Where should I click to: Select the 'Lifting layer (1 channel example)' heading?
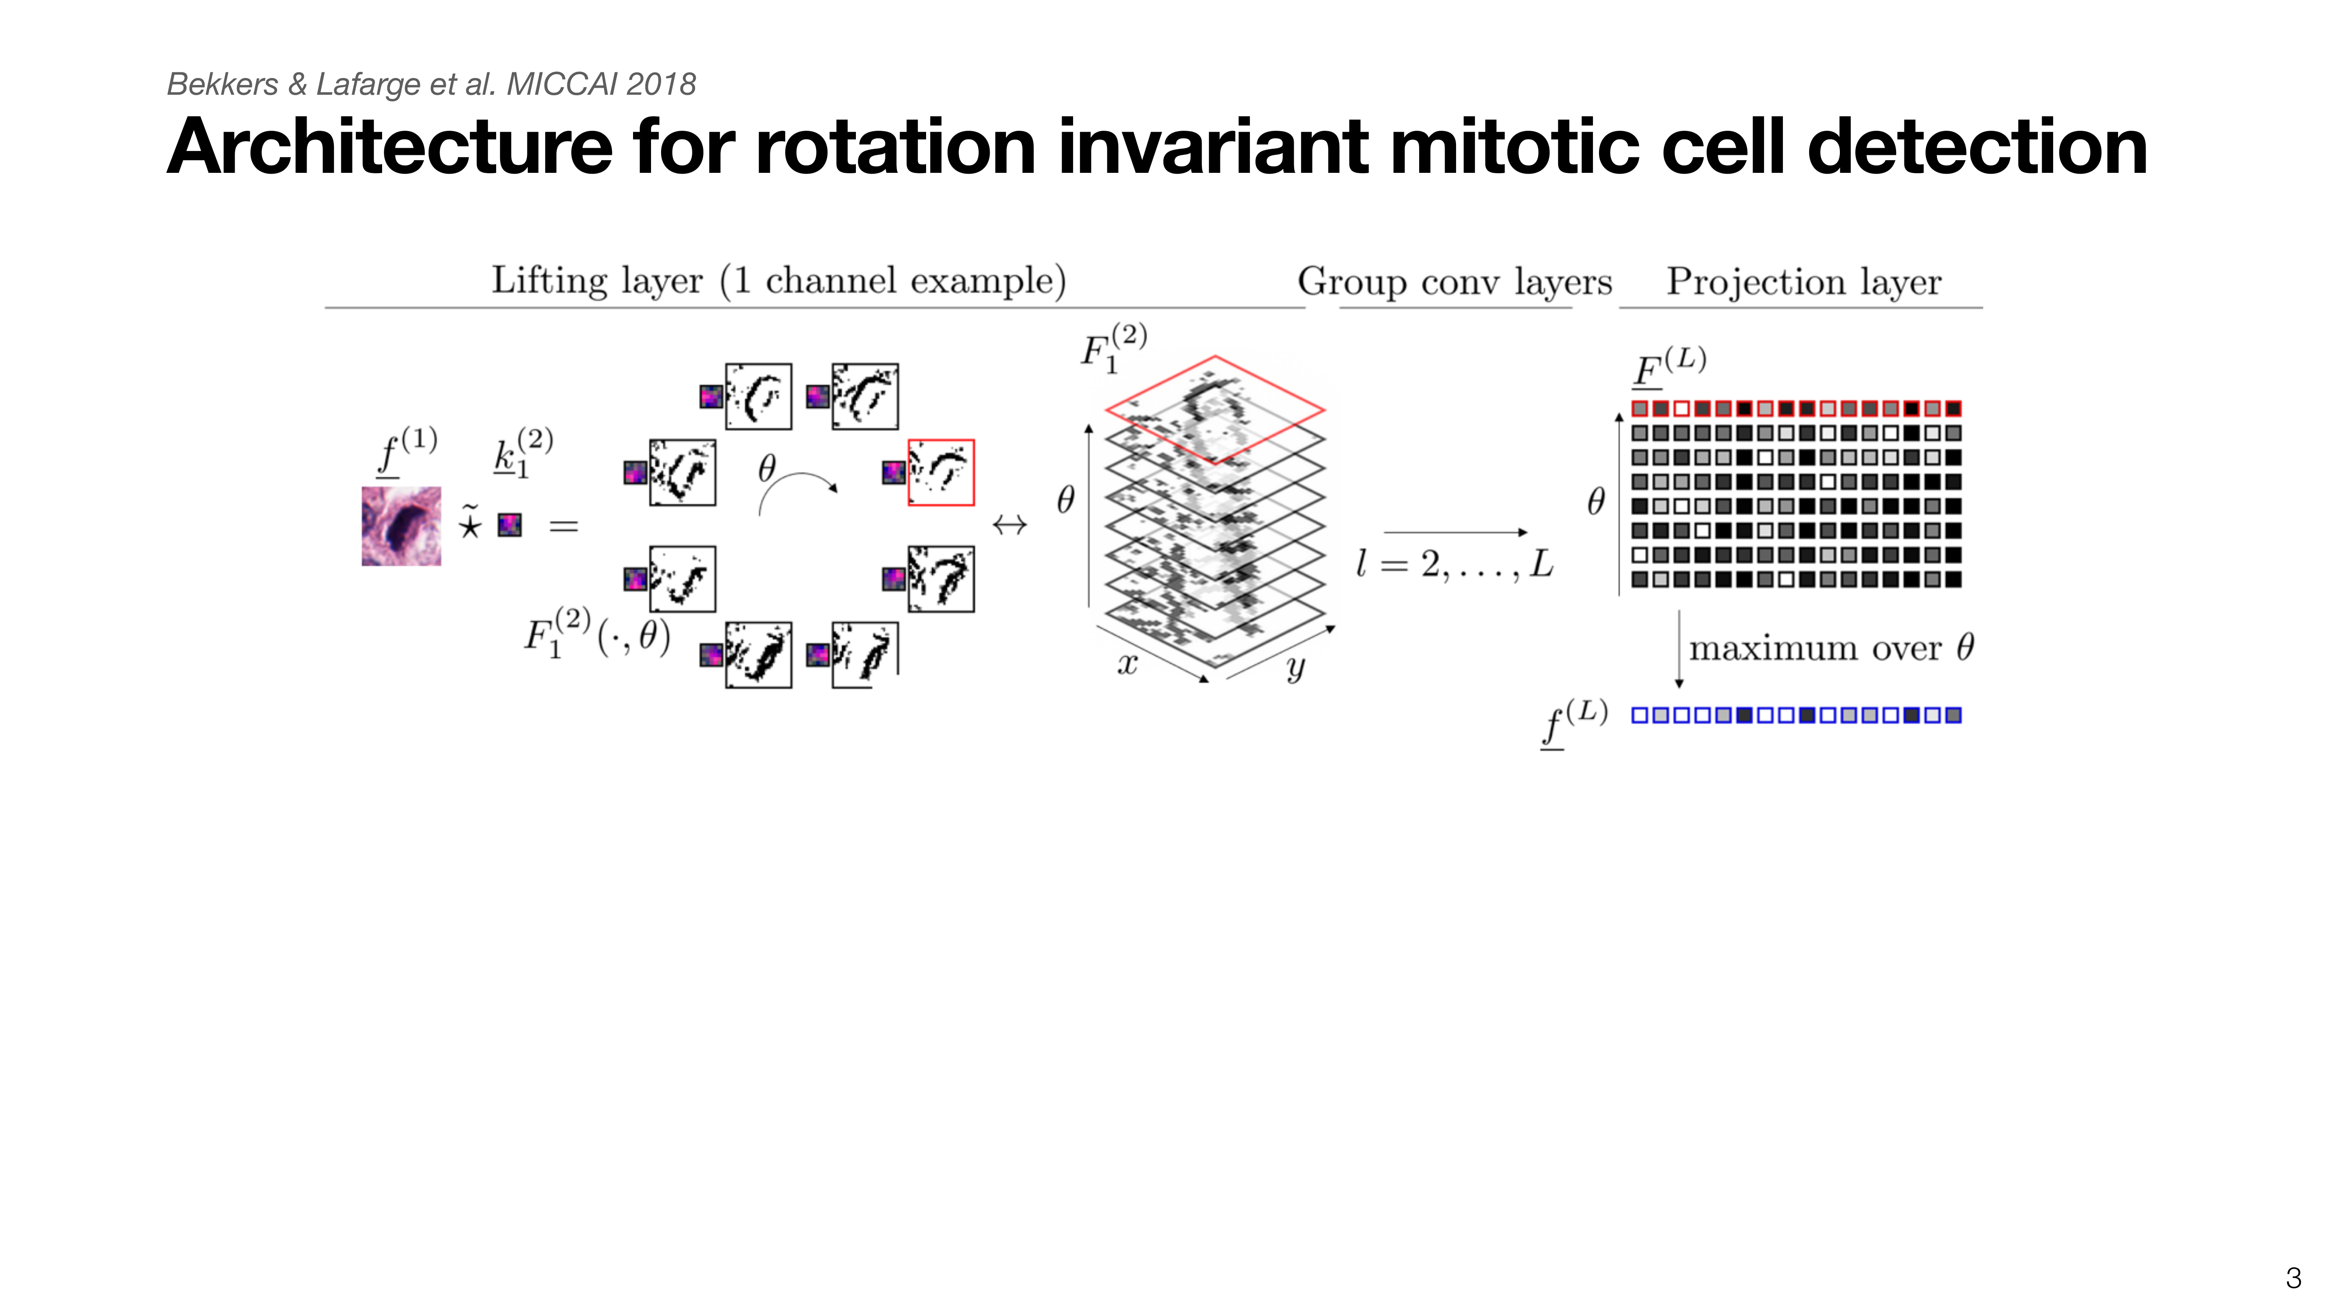pyautogui.click(x=779, y=281)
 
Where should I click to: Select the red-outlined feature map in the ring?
pyautogui.click(x=941, y=472)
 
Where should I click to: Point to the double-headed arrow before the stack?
pyautogui.click(x=1009, y=524)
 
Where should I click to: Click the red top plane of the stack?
pyautogui.click(x=1214, y=410)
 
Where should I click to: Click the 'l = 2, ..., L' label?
pyautogui.click(x=1454, y=564)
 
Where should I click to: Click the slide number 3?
pyautogui.click(x=2293, y=1278)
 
